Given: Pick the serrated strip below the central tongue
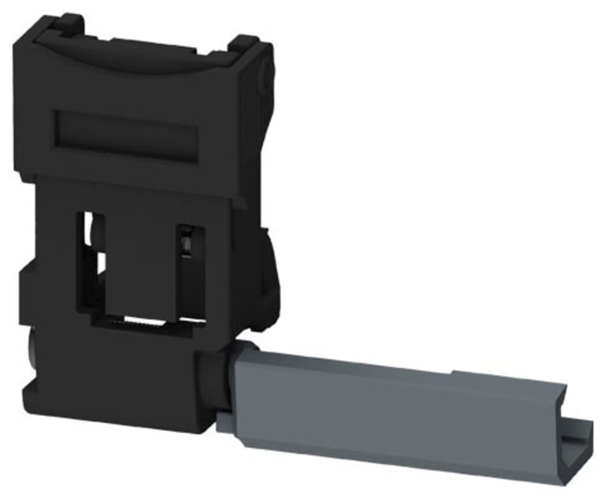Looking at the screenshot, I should pos(146,324).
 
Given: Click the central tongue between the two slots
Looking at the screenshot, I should pos(139,260).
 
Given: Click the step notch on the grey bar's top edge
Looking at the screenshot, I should pos(454,374).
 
